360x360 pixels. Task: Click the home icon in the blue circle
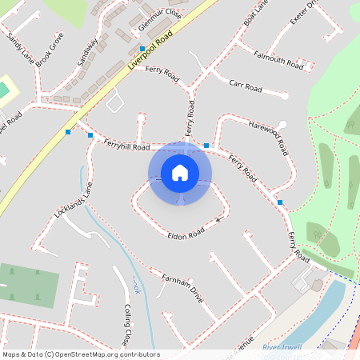(180, 172)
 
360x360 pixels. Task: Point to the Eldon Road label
(186, 234)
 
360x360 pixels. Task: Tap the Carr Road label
(246, 85)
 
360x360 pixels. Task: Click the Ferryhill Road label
(126, 145)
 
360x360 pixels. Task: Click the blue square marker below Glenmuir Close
(142, 49)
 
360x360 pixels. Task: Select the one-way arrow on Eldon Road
(218, 219)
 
